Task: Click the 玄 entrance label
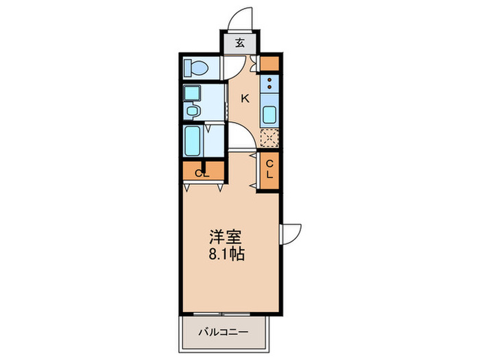click(x=241, y=43)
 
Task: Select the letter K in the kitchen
click(x=244, y=99)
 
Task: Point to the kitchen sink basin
click(x=270, y=116)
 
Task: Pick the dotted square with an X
click(x=270, y=138)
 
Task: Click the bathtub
click(x=192, y=141)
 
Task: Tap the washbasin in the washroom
click(x=193, y=110)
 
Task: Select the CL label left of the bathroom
click(x=202, y=173)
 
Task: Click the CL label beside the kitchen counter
click(x=270, y=169)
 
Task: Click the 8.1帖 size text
click(x=226, y=254)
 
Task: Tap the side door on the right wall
click(x=291, y=234)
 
